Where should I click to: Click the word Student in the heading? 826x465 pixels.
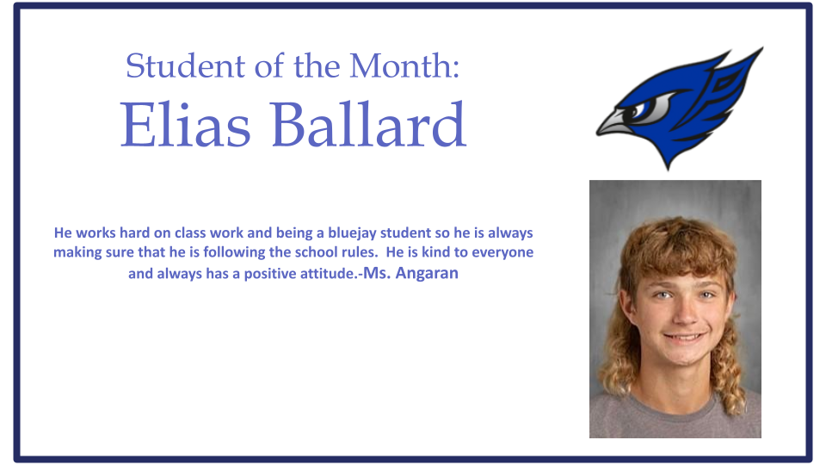point(186,66)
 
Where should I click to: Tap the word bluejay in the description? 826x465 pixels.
point(351,233)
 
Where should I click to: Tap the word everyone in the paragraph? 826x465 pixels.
point(502,253)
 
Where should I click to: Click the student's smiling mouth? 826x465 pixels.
point(684,337)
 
